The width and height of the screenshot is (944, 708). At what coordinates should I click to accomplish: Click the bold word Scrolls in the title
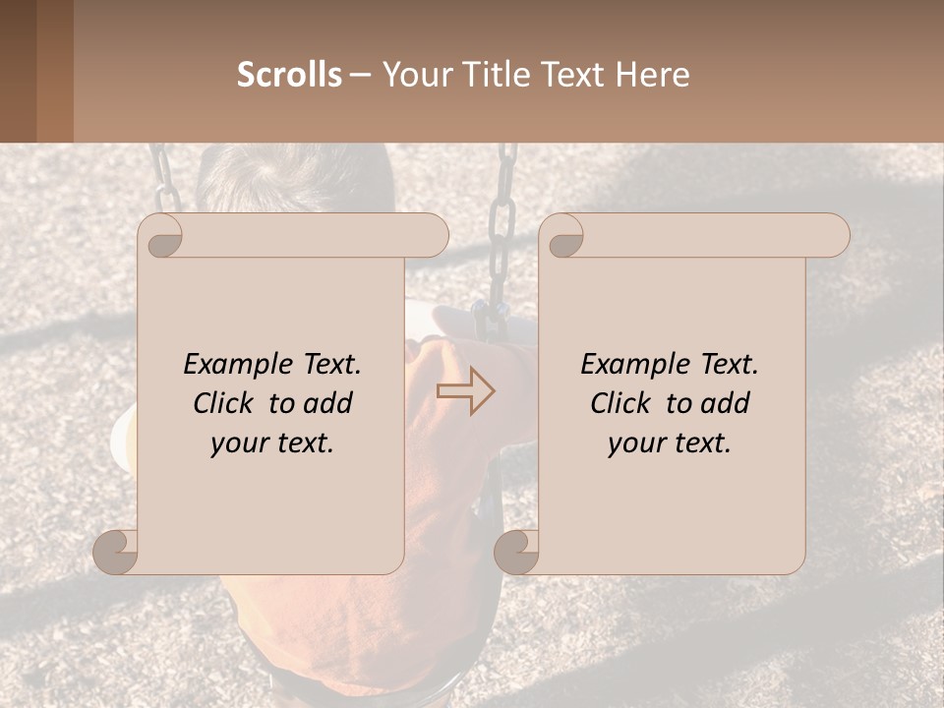(x=289, y=75)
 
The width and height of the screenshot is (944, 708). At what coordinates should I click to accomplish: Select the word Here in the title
(x=652, y=75)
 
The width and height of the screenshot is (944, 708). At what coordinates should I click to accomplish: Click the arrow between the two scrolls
(x=465, y=390)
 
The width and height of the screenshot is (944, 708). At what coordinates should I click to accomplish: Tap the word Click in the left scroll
(x=224, y=403)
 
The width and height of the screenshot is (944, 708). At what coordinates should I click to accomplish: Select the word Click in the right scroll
(x=621, y=403)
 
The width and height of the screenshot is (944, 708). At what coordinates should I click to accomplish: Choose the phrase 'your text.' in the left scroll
(x=272, y=443)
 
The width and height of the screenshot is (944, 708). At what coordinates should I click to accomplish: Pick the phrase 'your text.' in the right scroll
(x=670, y=443)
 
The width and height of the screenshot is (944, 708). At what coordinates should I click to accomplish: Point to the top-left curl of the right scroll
(x=564, y=236)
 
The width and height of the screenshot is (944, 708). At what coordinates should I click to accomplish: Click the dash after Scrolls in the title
(x=361, y=75)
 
